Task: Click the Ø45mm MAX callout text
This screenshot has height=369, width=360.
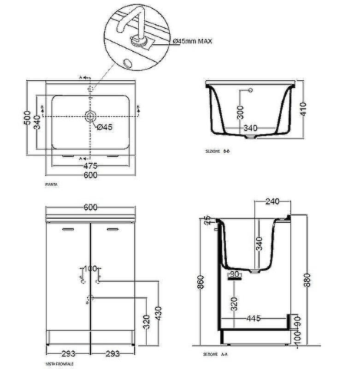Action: (193, 41)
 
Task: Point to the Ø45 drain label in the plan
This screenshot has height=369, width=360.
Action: (104, 127)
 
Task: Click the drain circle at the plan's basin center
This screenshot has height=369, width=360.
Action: (90, 115)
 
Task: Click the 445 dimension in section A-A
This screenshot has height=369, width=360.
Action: (254, 318)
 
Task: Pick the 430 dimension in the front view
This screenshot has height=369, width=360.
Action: (158, 312)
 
